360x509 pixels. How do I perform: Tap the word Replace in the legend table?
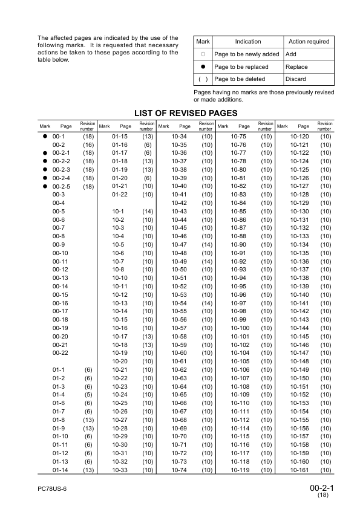pos(296,67)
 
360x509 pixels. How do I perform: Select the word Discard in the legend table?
pos(296,79)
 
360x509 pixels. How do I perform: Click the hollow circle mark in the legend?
pos(203,54)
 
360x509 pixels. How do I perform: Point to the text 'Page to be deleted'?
pos(239,79)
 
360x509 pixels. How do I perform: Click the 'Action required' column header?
pos(309,42)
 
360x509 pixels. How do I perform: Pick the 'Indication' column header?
pos(248,42)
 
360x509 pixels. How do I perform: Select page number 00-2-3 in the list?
pos(61,170)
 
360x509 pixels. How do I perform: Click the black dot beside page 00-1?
pos(44,137)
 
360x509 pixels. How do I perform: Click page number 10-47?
pos(179,244)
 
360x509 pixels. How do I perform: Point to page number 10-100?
pos(240,328)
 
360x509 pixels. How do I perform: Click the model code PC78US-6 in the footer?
pos(51,488)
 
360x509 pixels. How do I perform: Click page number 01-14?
pos(59,470)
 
